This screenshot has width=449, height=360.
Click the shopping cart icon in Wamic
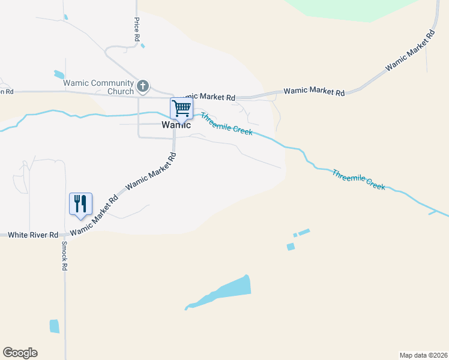181,109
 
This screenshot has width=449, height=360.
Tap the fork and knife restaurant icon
80,203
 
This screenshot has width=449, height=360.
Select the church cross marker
143,86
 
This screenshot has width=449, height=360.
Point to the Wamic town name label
176,125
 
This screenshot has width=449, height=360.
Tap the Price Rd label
137,29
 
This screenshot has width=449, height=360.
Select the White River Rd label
33,235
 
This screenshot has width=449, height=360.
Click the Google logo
20,353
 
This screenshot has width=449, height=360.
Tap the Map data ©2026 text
423,355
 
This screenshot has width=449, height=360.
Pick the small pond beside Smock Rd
55,326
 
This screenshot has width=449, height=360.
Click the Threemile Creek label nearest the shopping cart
226,124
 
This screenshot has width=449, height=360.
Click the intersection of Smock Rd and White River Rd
64,235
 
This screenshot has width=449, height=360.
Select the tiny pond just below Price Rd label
142,46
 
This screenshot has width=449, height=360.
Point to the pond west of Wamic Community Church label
59,75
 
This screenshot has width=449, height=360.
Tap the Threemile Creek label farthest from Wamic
358,179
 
